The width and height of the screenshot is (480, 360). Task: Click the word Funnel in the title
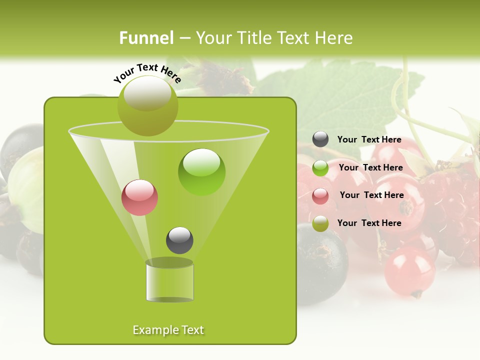click(x=146, y=38)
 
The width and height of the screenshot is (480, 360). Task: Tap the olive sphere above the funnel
click(x=147, y=105)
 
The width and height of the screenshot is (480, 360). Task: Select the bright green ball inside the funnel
click(x=201, y=172)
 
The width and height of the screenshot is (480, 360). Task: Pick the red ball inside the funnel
click(x=139, y=197)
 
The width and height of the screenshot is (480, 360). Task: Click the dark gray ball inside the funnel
click(x=179, y=240)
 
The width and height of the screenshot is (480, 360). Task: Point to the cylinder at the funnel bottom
click(x=169, y=280)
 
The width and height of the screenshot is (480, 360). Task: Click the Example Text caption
click(x=168, y=330)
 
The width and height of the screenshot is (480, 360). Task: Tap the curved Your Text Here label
click(x=147, y=73)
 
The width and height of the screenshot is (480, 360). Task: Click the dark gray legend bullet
click(x=320, y=139)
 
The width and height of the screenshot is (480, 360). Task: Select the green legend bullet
click(x=320, y=168)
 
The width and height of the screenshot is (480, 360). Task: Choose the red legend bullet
click(x=320, y=196)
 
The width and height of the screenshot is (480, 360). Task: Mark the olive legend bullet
click(x=320, y=223)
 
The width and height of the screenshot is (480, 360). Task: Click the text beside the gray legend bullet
click(x=369, y=140)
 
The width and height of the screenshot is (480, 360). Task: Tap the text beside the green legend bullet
click(x=370, y=168)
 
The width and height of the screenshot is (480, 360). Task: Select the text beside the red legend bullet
click(x=371, y=195)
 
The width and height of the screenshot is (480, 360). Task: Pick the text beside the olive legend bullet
click(x=369, y=223)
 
